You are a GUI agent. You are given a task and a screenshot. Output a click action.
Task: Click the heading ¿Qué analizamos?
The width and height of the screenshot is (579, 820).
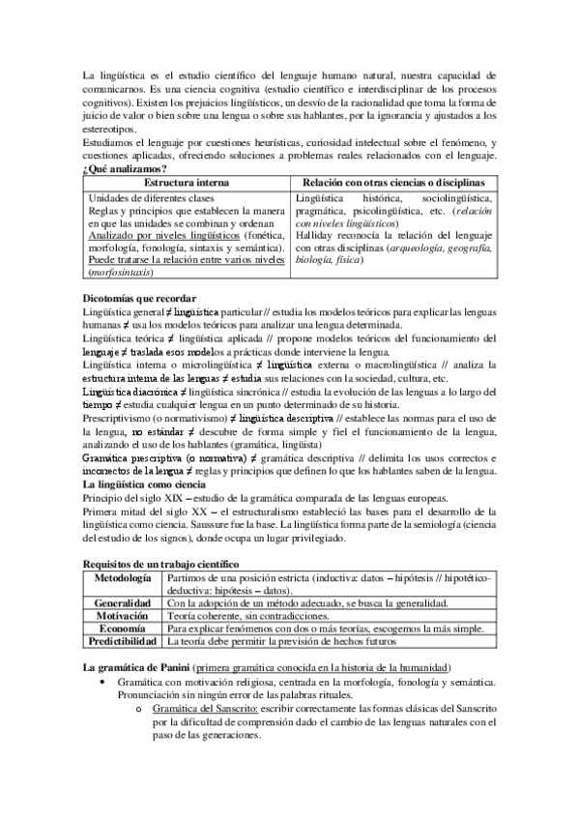(119, 169)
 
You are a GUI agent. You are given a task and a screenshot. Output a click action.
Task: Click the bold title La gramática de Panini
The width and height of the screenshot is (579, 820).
(133, 669)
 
